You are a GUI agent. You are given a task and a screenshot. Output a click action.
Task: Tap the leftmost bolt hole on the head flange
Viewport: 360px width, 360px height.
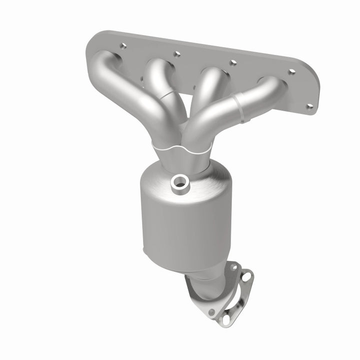(x=122, y=46)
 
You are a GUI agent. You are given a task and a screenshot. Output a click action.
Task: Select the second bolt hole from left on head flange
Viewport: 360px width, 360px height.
(x=176, y=53)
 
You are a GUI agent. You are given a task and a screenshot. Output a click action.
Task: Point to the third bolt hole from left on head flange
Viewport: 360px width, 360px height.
(x=232, y=63)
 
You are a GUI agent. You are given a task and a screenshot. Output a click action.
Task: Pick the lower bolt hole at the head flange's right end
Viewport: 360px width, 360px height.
(x=309, y=106)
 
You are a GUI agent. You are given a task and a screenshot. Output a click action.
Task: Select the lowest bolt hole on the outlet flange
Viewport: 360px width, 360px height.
(x=211, y=312)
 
